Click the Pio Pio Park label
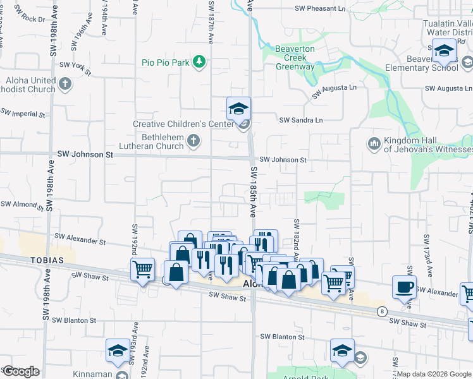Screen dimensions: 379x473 click(165, 63)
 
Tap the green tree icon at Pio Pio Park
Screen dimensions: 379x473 click(200, 61)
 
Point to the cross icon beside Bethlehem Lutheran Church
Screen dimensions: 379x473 click(193, 141)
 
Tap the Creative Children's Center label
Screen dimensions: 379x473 click(183, 124)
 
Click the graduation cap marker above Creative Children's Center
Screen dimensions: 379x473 click(238, 109)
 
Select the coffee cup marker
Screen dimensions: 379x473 click(404, 287)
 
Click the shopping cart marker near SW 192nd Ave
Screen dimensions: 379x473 click(142, 269)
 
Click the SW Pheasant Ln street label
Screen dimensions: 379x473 click(321, 9)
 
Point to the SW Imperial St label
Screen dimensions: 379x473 click(23, 114)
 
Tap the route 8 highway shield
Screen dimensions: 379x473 click(382, 311)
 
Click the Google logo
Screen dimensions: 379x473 click(21, 371)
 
